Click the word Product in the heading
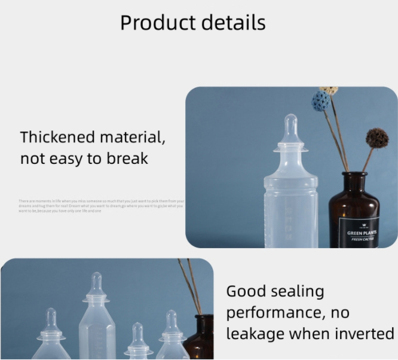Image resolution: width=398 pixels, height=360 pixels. point(157,23)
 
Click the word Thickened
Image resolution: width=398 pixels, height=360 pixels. point(57,137)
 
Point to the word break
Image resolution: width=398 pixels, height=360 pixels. point(127,159)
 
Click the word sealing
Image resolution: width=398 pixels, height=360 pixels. point(296,292)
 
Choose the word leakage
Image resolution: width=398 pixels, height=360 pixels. point(255,334)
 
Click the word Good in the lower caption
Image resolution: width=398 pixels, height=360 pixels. point(246,292)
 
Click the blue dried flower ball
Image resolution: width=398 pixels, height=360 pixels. point(321,101)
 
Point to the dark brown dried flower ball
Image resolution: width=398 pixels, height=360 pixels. point(377,138)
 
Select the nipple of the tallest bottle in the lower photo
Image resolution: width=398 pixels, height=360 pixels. point(96,284)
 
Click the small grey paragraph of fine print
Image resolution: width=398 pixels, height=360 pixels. point(101,206)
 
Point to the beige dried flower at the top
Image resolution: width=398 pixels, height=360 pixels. point(328,90)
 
